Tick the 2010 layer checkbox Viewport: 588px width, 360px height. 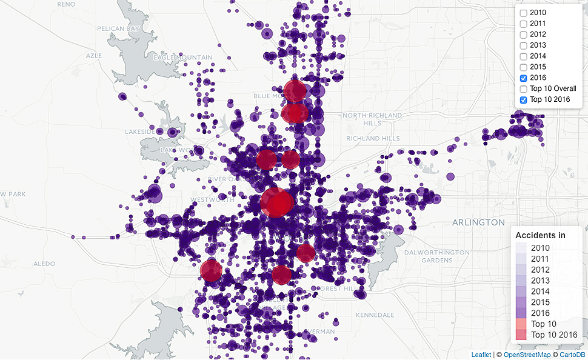pyautogui.click(x=523, y=13)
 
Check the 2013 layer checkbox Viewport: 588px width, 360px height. pyautogui.click(x=523, y=45)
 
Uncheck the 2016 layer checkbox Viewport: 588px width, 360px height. pyautogui.click(x=523, y=78)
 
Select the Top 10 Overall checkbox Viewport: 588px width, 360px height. pyautogui.click(x=523, y=89)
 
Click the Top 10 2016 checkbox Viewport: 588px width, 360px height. pyautogui.click(x=523, y=100)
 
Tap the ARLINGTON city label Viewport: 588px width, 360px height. pyautogui.click(x=478, y=222)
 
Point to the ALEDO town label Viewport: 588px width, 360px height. pyautogui.click(x=44, y=264)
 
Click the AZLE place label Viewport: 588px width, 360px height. pyautogui.click(x=95, y=55)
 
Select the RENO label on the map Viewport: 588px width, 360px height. pyautogui.click(x=65, y=4)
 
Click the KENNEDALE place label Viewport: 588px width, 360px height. pyautogui.click(x=375, y=315)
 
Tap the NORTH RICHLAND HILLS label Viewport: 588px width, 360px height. pyautogui.click(x=372, y=119)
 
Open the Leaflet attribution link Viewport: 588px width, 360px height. pyautogui.click(x=481, y=355)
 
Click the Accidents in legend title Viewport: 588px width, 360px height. pyautogui.click(x=540, y=235)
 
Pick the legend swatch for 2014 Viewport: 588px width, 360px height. pyautogui.click(x=521, y=292)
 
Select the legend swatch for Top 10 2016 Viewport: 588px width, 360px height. pyautogui.click(x=521, y=335)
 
